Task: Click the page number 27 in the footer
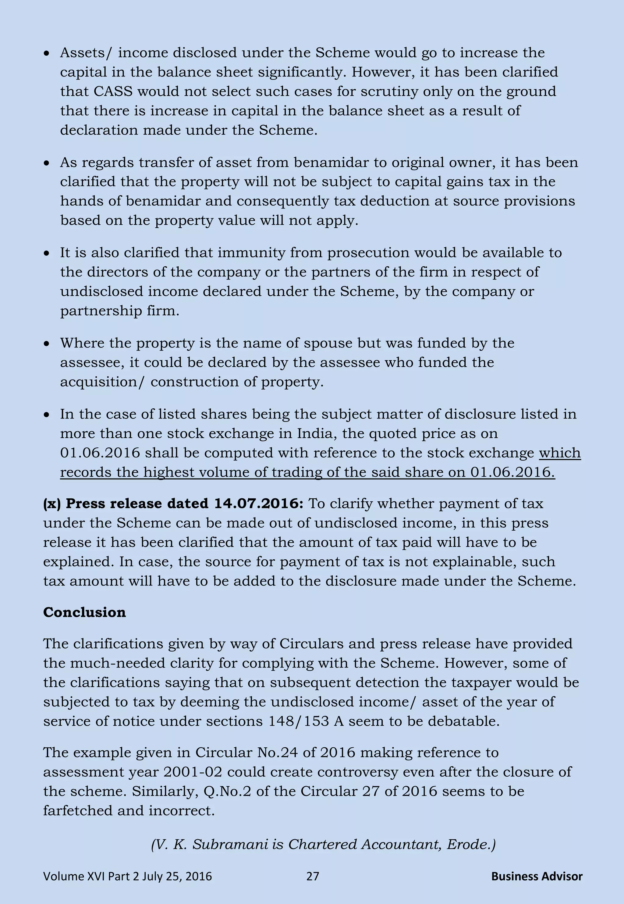click(312, 876)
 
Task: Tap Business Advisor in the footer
click(537, 876)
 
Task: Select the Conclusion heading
click(84, 612)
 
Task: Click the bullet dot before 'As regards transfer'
click(47, 163)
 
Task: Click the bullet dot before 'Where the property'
click(47, 344)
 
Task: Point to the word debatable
click(463, 721)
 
